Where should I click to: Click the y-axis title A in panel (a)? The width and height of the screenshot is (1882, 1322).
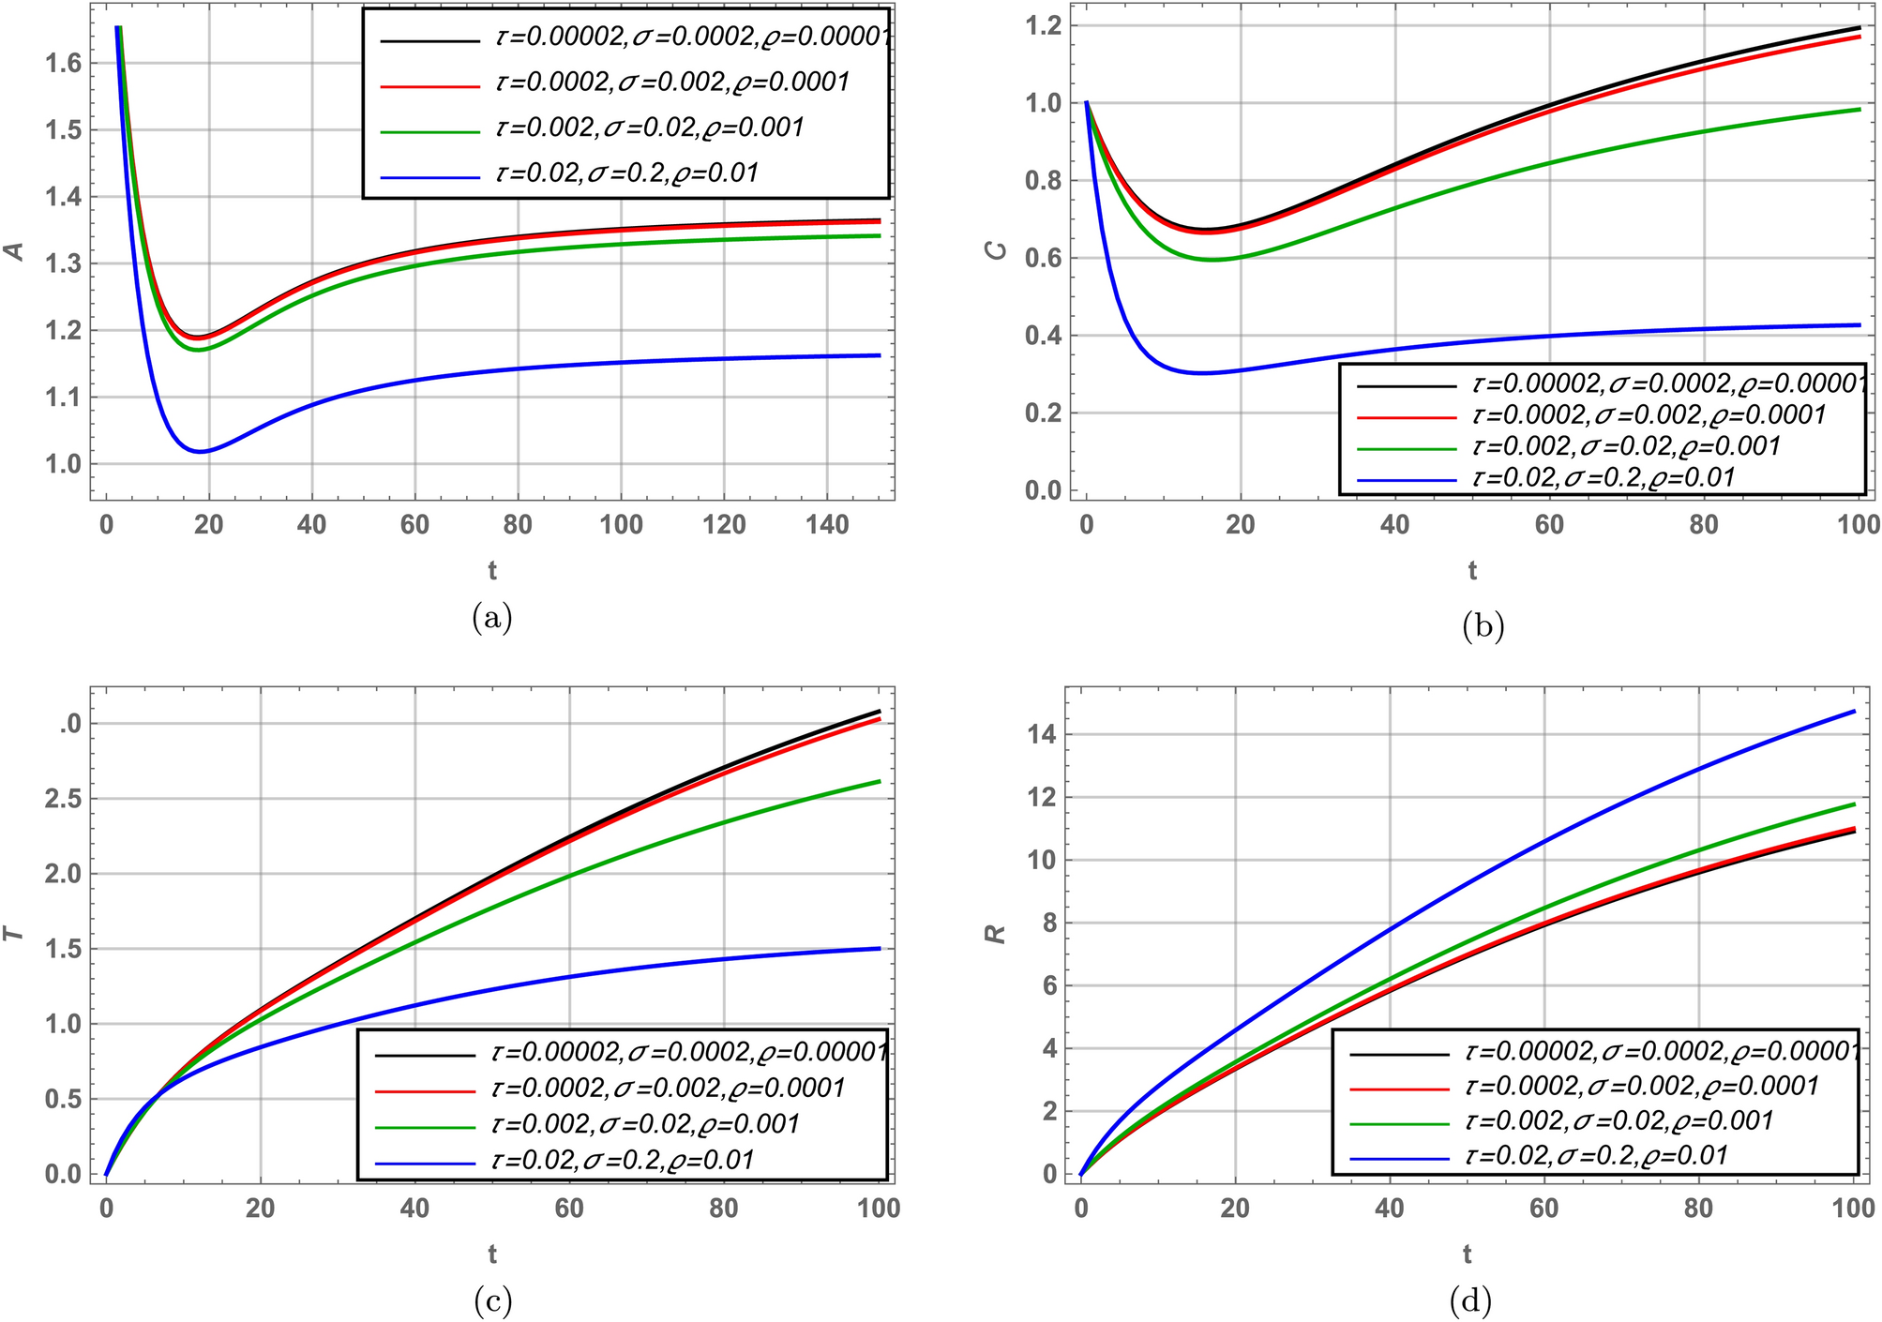(14, 251)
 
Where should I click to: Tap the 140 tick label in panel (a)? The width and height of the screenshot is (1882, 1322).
(826, 524)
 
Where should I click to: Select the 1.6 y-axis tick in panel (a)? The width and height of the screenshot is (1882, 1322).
(63, 63)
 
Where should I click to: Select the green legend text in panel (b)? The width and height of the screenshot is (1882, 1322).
(1626, 446)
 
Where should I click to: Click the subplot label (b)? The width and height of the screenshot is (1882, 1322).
(1483, 625)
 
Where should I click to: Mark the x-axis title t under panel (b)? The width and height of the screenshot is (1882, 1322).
(1472, 570)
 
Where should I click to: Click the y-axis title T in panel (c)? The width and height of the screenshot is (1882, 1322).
(14, 933)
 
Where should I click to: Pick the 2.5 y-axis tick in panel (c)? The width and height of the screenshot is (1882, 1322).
(63, 799)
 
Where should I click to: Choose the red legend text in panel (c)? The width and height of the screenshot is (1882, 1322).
(668, 1088)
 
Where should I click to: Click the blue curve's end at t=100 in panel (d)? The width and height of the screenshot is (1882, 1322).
(1854, 711)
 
